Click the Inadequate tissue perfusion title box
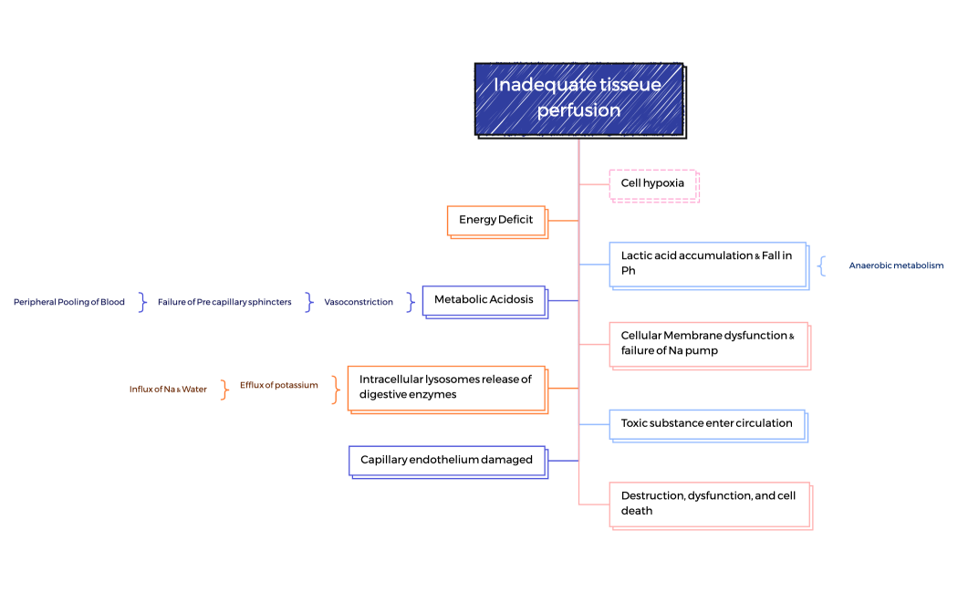(x=578, y=99)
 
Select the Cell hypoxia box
(x=652, y=183)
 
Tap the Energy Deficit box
(x=496, y=220)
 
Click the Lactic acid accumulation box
(x=707, y=264)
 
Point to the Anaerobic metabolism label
(x=896, y=265)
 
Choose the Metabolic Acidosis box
(x=484, y=300)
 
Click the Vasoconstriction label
(x=359, y=302)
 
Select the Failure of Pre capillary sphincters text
(x=224, y=302)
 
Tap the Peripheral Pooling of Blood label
(x=69, y=302)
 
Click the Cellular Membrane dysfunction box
(x=708, y=343)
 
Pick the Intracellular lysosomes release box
(x=446, y=388)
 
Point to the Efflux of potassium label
(x=279, y=385)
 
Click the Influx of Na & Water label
(x=168, y=390)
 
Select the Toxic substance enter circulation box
(x=707, y=423)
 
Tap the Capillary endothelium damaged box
(x=446, y=460)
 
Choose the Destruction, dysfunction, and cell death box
(x=709, y=504)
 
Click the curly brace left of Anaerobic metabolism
(x=823, y=265)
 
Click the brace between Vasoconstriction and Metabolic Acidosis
(x=411, y=302)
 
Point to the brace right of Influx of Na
(x=224, y=390)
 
